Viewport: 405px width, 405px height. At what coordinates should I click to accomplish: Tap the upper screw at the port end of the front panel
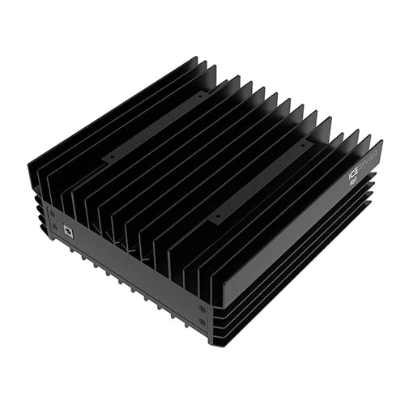pos(51,210)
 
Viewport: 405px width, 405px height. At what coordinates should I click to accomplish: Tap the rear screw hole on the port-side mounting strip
pos(198,95)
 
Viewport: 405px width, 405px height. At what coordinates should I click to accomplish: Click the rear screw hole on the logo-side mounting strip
pos(305,144)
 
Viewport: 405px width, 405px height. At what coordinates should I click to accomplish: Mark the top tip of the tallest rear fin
pos(196,58)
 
